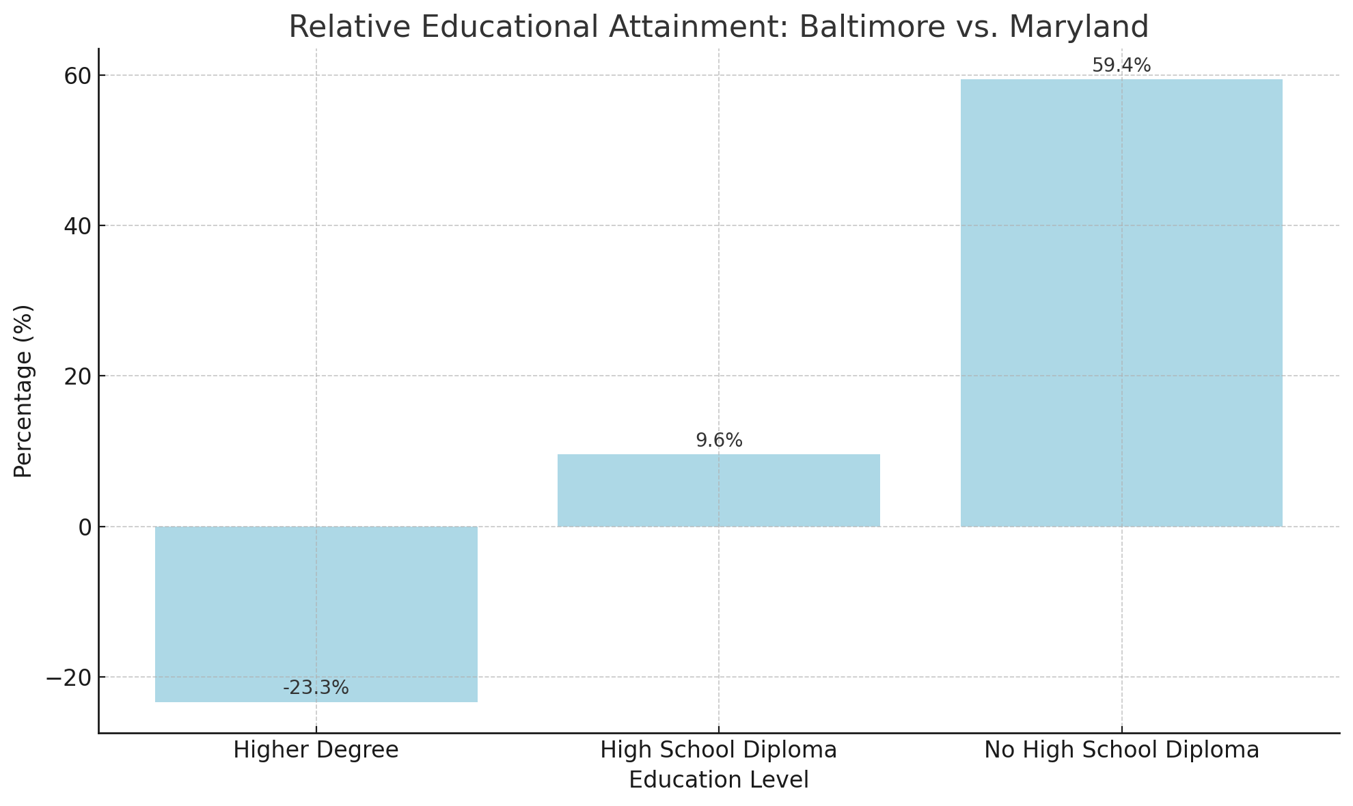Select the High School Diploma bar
(x=718, y=490)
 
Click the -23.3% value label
(x=316, y=688)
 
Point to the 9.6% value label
(x=719, y=441)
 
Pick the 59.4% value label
(x=1121, y=66)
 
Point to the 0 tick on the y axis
(x=85, y=527)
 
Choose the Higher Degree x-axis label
(x=316, y=750)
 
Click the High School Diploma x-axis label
(x=718, y=750)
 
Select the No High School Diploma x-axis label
(x=1121, y=750)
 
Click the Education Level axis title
(x=718, y=780)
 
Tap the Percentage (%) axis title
(x=23, y=391)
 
